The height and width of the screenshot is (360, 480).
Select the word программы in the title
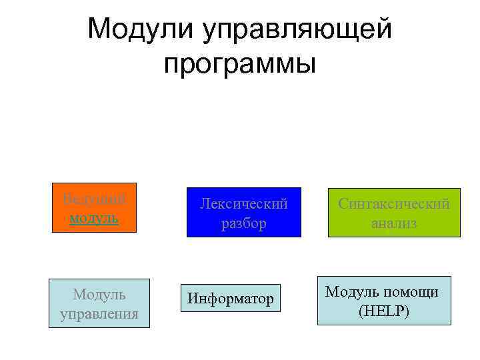239,65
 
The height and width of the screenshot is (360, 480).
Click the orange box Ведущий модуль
94,207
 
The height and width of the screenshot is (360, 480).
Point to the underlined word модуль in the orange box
94,218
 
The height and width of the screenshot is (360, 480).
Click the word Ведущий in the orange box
94,199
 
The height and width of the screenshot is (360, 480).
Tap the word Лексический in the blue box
244,204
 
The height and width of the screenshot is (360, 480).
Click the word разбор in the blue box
244,223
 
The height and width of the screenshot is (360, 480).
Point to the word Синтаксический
394,204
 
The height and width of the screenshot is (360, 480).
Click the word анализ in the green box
394,223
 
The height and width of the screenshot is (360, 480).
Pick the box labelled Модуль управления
99,303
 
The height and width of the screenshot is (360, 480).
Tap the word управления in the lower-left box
99,313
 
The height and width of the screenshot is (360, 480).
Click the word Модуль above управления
99,294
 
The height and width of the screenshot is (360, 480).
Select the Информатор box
230,299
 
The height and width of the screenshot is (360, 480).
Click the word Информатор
230,299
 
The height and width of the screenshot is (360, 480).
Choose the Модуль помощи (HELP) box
383,301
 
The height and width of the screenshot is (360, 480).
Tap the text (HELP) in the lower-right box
383,311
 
